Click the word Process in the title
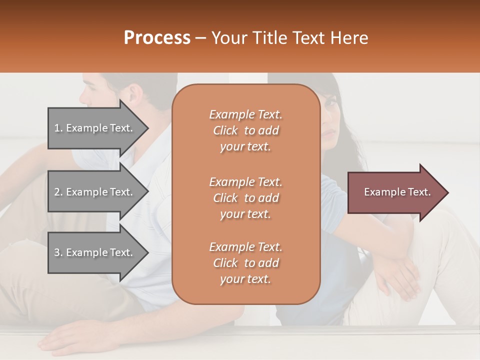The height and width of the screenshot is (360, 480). coord(157,38)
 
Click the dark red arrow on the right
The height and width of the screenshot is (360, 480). coord(395,192)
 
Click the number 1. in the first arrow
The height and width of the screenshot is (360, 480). coord(58,128)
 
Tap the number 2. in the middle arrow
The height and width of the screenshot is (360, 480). coord(58,192)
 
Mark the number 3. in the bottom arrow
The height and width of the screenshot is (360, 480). coord(58,252)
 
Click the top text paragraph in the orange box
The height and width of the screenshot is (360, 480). coord(245,130)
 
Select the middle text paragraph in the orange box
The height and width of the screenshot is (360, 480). coord(245,198)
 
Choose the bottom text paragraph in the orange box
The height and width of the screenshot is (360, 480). coord(245,263)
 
